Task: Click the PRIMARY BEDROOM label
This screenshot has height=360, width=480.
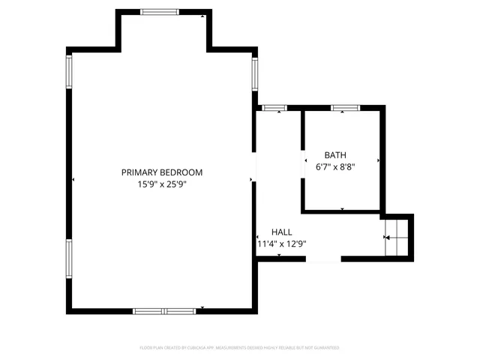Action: pyautogui.click(x=162, y=172)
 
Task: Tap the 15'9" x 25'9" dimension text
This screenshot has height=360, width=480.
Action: pyautogui.click(x=162, y=184)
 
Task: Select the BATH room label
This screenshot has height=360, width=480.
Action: pyautogui.click(x=335, y=155)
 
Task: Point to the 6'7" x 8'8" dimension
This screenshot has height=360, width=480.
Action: pyautogui.click(x=335, y=167)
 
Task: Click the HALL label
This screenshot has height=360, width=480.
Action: pyautogui.click(x=282, y=232)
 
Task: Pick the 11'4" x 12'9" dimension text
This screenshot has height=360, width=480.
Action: pyautogui.click(x=282, y=244)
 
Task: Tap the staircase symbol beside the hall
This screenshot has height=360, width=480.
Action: pyautogui.click(x=397, y=237)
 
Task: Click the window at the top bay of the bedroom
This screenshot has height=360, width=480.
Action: pyautogui.click(x=160, y=12)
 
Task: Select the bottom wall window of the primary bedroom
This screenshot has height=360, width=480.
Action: pyautogui.click(x=164, y=310)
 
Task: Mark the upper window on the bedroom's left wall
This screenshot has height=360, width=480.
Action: pyautogui.click(x=69, y=72)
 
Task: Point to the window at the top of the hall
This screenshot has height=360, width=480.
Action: pyautogui.click(x=272, y=109)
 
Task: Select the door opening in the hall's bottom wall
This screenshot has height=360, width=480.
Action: pyautogui.click(x=323, y=259)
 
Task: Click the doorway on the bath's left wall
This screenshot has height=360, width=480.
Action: pyautogui.click(x=303, y=161)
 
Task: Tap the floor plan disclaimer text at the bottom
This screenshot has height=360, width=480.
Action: pyautogui.click(x=240, y=348)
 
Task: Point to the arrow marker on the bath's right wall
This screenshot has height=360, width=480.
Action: pyautogui.click(x=379, y=160)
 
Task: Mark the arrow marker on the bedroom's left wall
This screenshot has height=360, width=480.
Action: pyautogui.click(x=73, y=180)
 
